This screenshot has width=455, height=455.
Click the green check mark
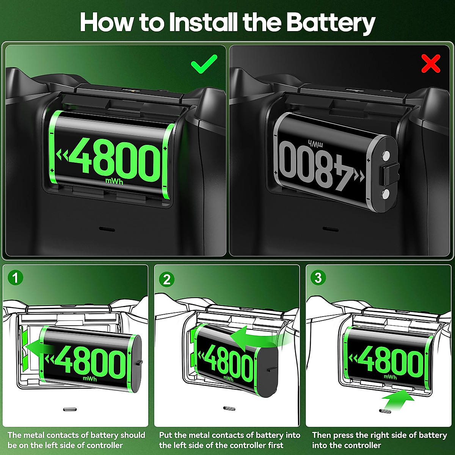[204, 64]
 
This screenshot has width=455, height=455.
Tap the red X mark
[431, 64]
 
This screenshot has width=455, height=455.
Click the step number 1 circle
[16, 278]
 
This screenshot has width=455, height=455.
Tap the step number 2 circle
[167, 279]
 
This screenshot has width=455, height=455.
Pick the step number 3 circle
[318, 278]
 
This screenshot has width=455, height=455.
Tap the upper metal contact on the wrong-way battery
[386, 155]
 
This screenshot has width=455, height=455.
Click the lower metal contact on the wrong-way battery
[386, 195]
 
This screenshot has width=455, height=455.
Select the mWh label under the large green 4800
[115, 182]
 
